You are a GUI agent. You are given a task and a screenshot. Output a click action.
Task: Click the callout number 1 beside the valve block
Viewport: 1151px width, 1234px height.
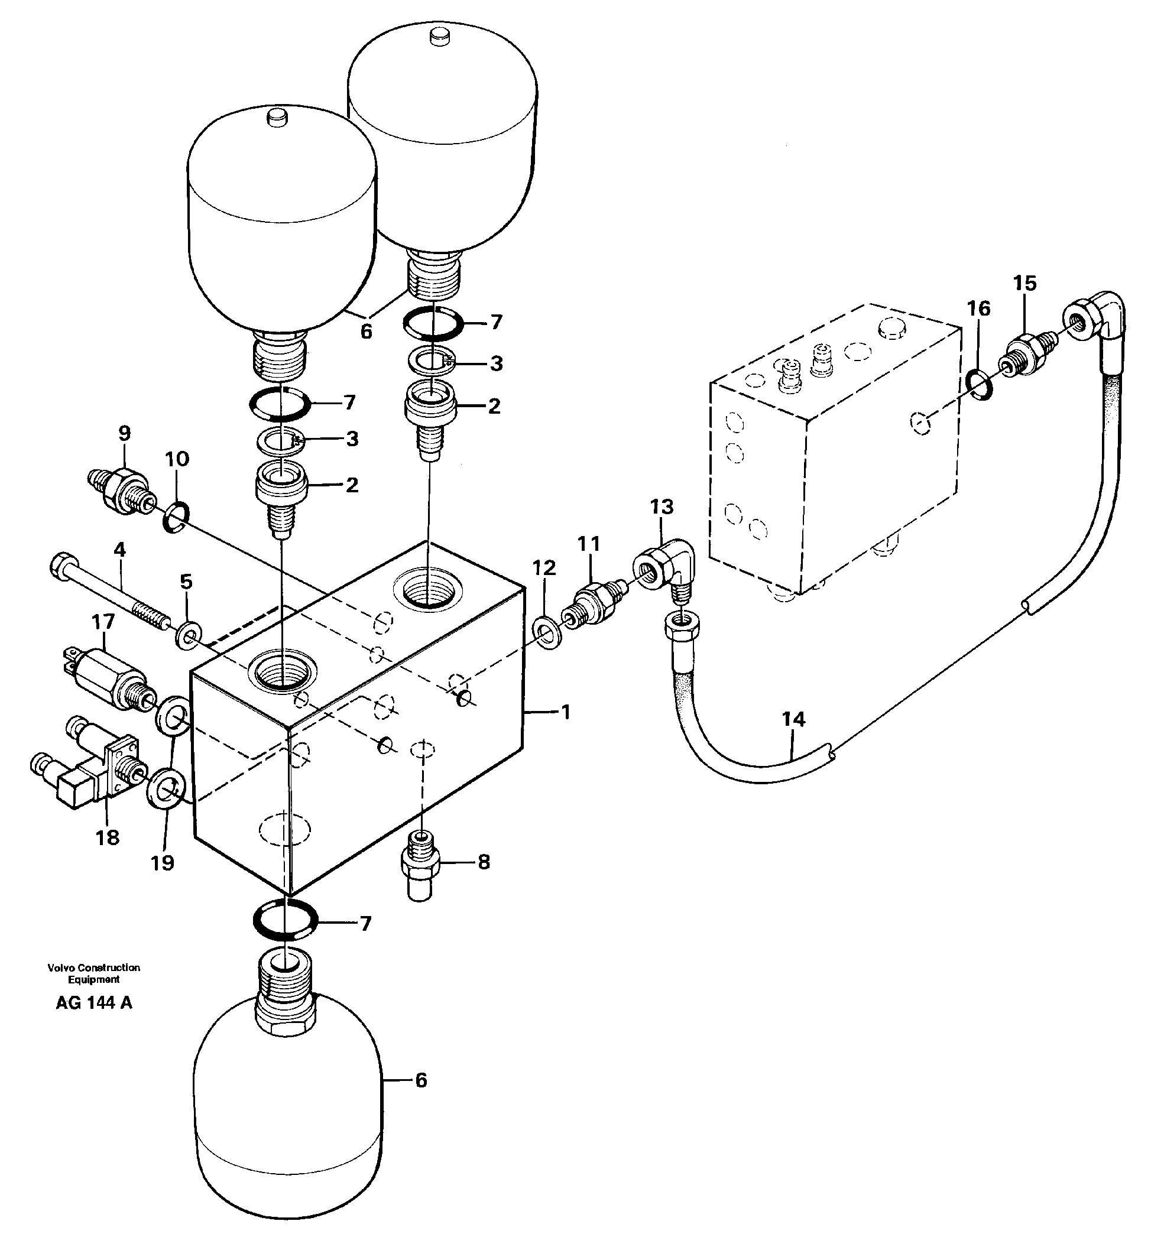pos(565,712)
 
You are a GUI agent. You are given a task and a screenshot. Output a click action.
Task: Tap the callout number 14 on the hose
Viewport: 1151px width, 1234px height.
pos(793,719)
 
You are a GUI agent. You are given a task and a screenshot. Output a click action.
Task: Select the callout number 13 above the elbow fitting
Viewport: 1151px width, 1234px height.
pos(661,507)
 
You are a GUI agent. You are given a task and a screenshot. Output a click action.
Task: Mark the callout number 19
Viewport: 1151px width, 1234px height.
pos(163,862)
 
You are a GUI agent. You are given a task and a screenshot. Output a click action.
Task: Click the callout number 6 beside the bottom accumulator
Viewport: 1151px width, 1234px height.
pos(421,1081)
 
